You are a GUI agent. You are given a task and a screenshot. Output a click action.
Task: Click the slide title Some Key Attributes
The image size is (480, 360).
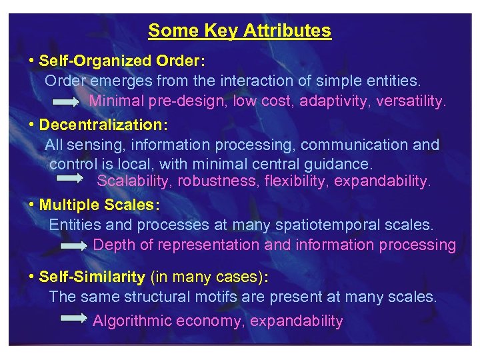239,31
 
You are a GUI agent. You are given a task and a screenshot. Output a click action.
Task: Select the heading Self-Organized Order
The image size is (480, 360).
121,61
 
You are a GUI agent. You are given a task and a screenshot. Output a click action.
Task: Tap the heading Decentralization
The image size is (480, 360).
103,125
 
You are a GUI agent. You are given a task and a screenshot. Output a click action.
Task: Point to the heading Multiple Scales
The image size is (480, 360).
99,205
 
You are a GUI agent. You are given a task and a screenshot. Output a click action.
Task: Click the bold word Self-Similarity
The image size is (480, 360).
92,277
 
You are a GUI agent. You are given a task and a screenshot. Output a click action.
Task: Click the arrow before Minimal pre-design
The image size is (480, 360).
68,102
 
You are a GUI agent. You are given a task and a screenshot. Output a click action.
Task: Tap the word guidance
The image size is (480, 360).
341,164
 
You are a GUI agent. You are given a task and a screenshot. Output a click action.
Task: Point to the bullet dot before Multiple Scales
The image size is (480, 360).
32,204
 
